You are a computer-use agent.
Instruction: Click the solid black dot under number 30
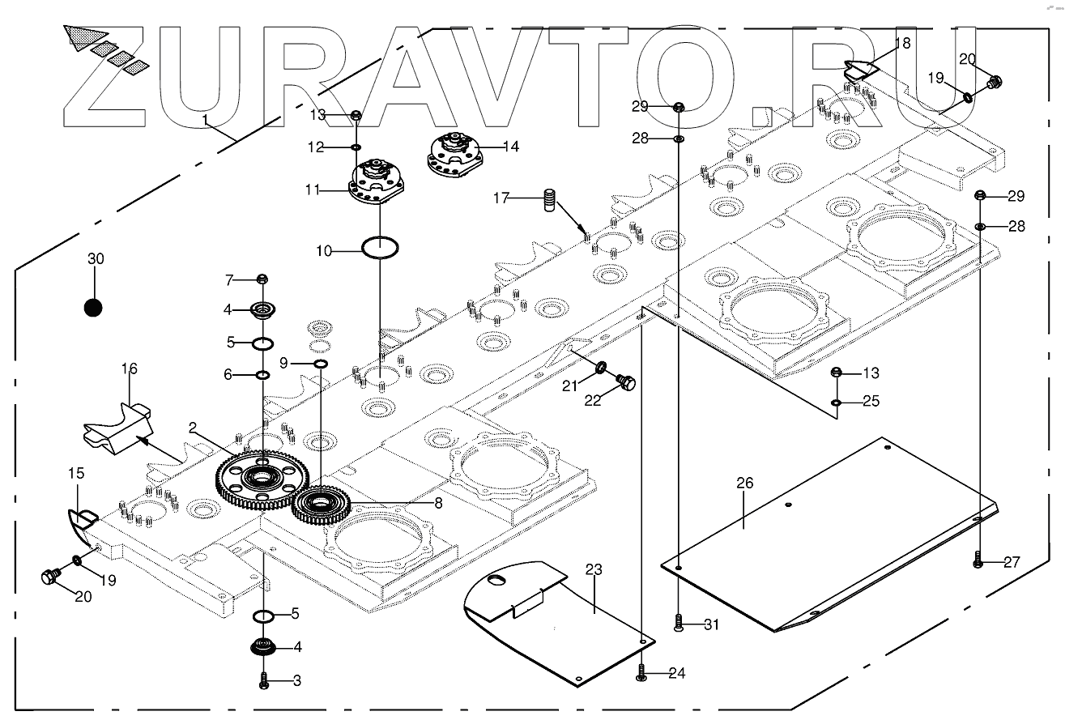[94, 308]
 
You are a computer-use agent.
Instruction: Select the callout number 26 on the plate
[744, 484]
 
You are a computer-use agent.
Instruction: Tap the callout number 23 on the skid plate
[594, 570]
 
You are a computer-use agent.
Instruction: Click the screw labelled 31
[679, 623]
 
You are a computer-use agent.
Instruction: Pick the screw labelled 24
[641, 673]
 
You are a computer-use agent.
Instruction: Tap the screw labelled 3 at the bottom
[264, 680]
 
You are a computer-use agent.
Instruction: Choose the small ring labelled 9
[321, 365]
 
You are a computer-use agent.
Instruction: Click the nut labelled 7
[262, 280]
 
